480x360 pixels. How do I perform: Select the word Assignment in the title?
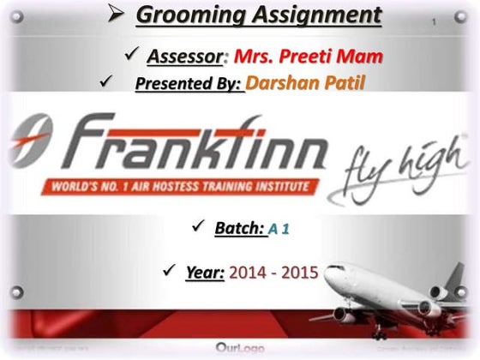pyautogui.click(x=309, y=16)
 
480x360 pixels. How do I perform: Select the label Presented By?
pyautogui.click(x=189, y=85)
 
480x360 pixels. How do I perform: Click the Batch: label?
pyautogui.click(x=237, y=229)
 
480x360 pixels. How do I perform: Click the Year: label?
pyautogui.click(x=205, y=273)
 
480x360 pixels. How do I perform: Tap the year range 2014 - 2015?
pyautogui.click(x=273, y=273)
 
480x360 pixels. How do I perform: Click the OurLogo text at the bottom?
pyautogui.click(x=240, y=349)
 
